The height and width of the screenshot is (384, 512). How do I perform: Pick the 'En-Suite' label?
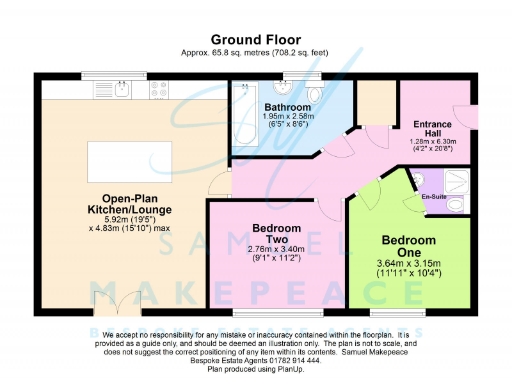click(433, 197)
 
